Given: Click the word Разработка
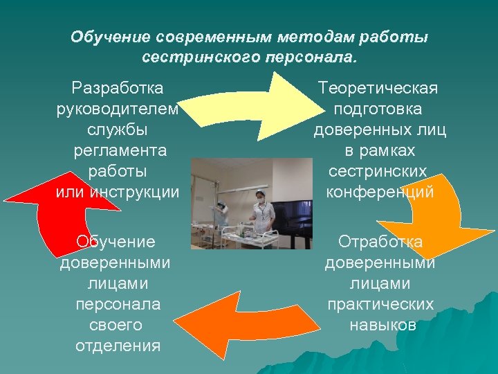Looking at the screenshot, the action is (118, 88).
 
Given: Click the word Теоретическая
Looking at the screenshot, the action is (378, 88).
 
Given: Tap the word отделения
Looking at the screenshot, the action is (118, 346).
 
